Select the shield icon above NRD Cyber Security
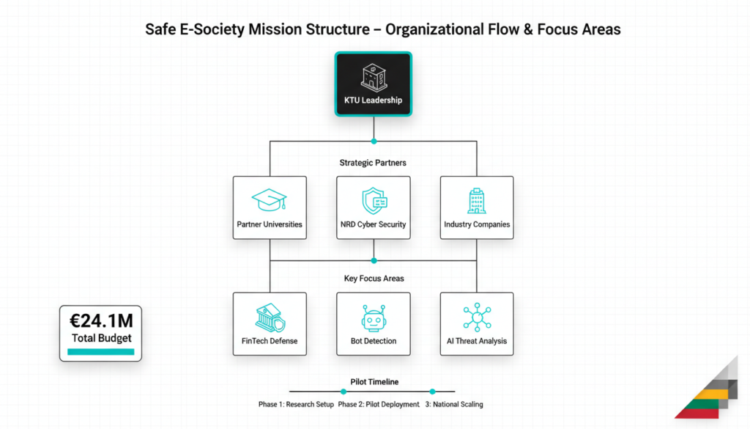click(x=374, y=200)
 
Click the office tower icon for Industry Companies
click(x=477, y=200)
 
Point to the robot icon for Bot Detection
click(x=374, y=318)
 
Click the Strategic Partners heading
click(x=374, y=162)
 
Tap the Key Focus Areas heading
click(x=374, y=279)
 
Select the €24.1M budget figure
click(x=101, y=320)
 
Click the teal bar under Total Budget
click(x=101, y=351)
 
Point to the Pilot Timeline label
click(x=374, y=381)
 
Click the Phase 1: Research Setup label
click(x=296, y=405)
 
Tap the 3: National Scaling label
click(x=454, y=405)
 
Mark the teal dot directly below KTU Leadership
click(x=374, y=141)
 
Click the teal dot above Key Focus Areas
click(x=374, y=260)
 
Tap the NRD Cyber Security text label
click(x=374, y=224)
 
